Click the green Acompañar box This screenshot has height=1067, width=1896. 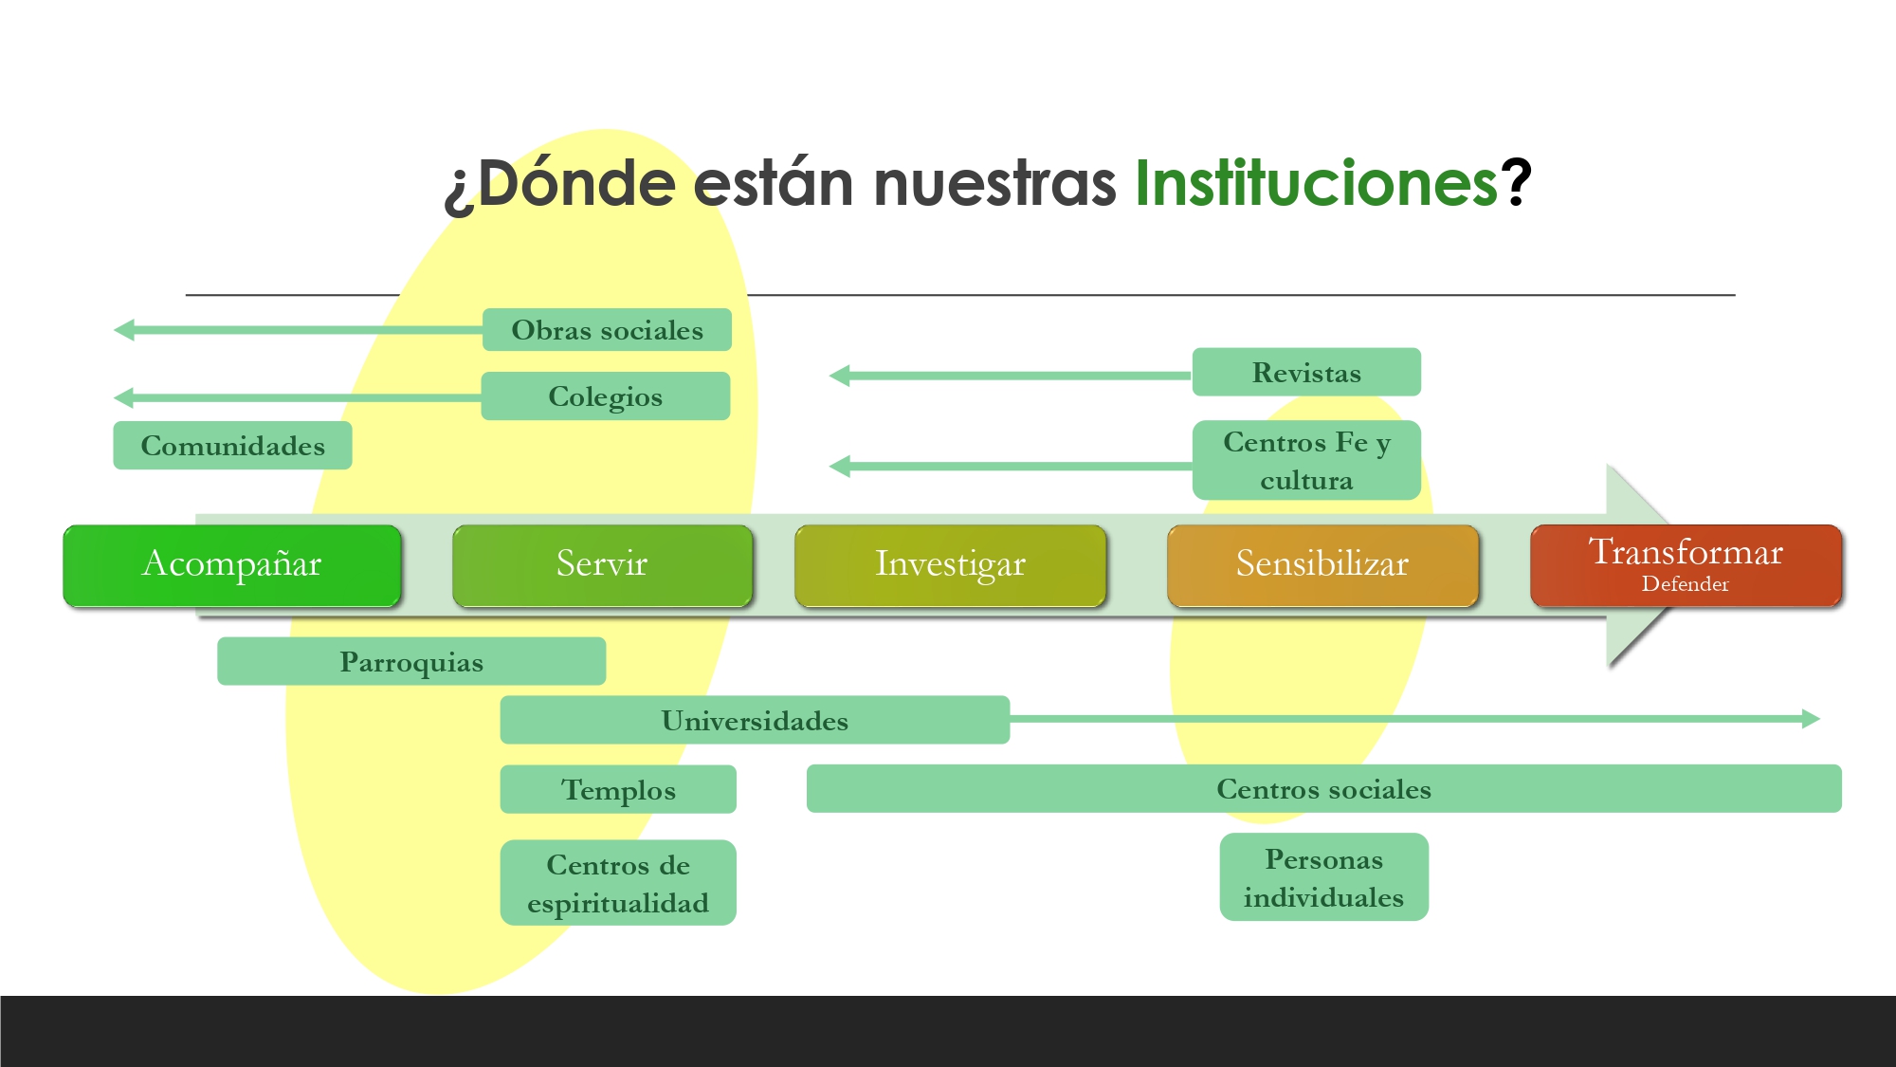pyautogui.click(x=232, y=565)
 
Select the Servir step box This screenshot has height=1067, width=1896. pyautogui.click(x=603, y=565)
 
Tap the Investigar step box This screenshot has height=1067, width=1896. pyautogui.click(x=951, y=565)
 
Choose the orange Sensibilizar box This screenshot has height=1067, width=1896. pyautogui.click(x=1323, y=565)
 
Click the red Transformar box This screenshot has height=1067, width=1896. pyautogui.click(x=1686, y=565)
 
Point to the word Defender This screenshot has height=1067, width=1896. pyautogui.click(x=1686, y=584)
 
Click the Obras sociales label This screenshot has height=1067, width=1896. pyautogui.click(x=608, y=330)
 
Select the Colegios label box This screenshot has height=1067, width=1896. pyautogui.click(x=606, y=396)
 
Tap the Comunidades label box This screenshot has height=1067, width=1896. pyautogui.click(x=232, y=446)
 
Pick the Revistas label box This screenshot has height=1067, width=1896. pyautogui.click(x=1306, y=372)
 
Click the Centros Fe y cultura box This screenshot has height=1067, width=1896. pyautogui.click(x=1306, y=460)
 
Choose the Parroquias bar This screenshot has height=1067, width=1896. pyautogui.click(x=411, y=661)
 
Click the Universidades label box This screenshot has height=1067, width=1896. pyautogui.click(x=756, y=720)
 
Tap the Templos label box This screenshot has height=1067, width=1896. pyautogui.click(x=618, y=789)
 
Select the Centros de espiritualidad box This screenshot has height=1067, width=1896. pyautogui.click(x=618, y=883)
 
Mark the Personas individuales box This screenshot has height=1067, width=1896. pyautogui.click(x=1324, y=877)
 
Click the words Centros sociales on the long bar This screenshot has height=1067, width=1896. pyautogui.click(x=1324, y=789)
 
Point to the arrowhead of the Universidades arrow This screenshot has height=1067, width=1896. pyautogui.click(x=1811, y=719)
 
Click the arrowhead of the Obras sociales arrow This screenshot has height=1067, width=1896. pyautogui.click(x=123, y=330)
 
